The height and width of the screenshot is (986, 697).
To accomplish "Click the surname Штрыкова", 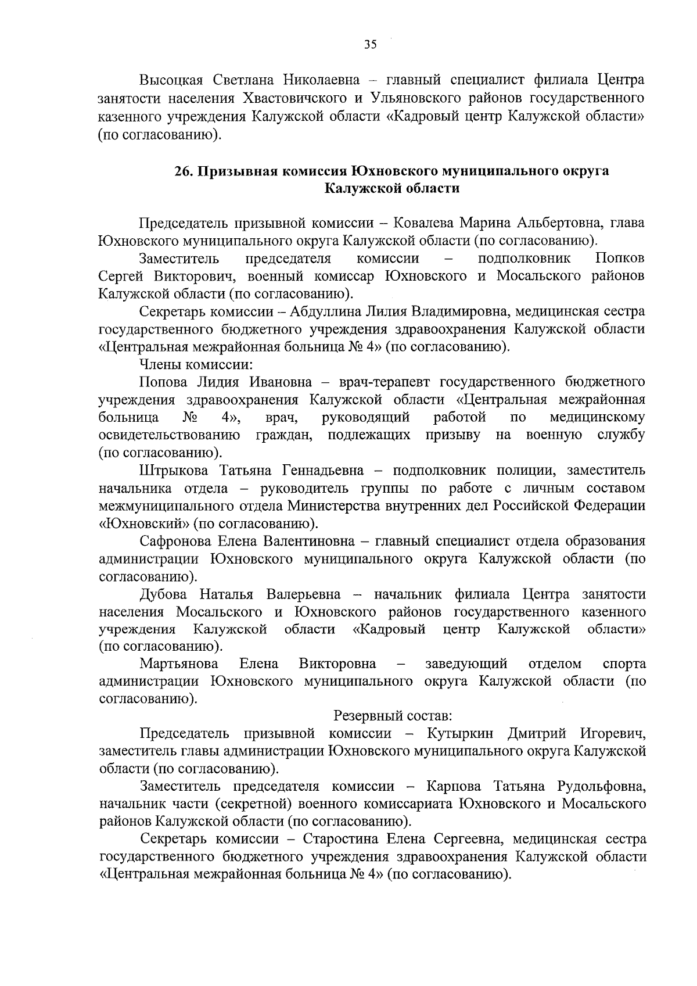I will [x=176, y=470].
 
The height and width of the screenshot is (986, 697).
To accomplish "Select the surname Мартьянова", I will [x=179, y=664].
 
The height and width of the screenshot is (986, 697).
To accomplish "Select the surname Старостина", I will [x=339, y=840].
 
